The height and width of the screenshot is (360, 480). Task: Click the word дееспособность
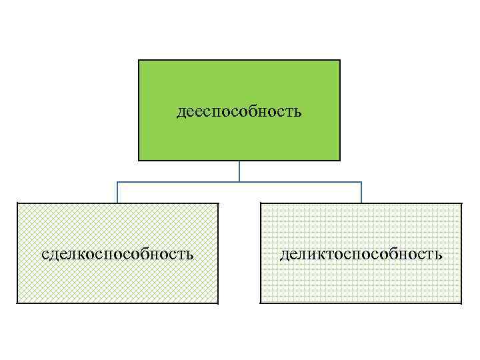pos(239,111)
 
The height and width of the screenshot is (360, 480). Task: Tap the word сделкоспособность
pos(117,254)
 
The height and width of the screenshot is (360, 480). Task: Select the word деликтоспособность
pos(361,254)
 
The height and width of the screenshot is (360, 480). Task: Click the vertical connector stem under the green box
pos(239,171)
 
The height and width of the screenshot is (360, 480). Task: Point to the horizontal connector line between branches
pos(300,182)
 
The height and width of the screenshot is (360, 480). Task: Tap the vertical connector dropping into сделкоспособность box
pos(117,193)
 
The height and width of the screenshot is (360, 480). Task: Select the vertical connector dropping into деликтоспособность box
pos(361,193)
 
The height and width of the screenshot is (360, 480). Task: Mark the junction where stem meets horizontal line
pos(239,182)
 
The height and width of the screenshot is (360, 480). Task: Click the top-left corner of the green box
pos(139,61)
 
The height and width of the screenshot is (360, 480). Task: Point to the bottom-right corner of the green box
pos(340,161)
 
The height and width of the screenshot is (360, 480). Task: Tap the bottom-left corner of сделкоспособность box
pos(17,303)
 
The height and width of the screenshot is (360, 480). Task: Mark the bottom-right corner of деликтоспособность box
pos(461,303)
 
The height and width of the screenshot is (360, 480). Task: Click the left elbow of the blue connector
pos(117,182)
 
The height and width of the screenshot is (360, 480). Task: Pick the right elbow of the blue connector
pos(361,182)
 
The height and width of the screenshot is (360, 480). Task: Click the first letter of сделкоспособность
pos(44,255)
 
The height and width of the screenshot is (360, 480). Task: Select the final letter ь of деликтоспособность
pos(438,255)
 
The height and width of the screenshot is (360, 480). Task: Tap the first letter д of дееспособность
pos(181,112)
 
